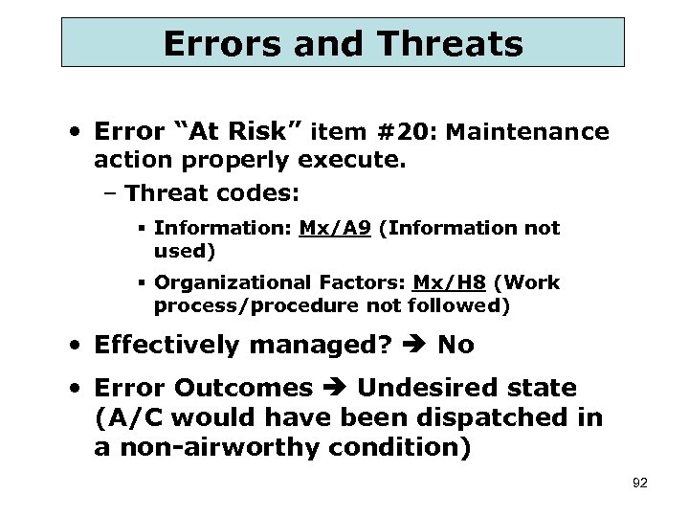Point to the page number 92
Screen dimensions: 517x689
640,483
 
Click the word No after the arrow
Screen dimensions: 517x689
456,345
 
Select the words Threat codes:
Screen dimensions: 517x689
211,192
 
